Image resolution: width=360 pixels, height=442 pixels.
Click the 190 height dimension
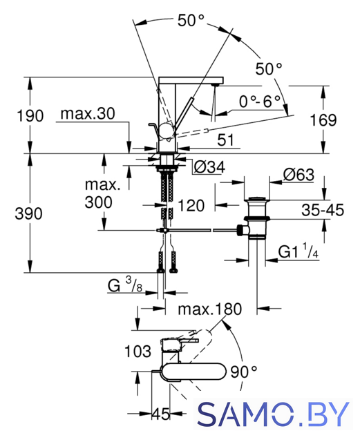click(30, 116)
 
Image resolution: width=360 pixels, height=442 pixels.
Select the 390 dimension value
click(28, 213)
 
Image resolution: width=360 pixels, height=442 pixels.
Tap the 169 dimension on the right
click(323, 120)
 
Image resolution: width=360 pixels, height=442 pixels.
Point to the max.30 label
click(88, 113)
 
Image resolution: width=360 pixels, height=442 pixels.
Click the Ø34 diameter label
click(209, 167)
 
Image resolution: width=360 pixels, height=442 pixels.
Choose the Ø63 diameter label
click(299, 175)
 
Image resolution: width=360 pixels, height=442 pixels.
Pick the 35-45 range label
click(323, 210)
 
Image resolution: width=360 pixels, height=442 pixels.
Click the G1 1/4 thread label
click(299, 251)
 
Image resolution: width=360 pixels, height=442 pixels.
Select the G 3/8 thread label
click(124, 285)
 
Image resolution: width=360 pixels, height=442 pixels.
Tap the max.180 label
click(210, 309)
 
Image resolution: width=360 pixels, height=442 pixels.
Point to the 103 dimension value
click(138, 352)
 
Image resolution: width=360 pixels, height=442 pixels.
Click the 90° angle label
click(244, 372)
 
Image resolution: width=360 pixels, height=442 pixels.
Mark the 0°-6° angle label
click(260, 102)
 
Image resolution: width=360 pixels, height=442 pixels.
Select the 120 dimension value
click(191, 205)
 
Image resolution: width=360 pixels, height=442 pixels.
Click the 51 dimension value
click(226, 140)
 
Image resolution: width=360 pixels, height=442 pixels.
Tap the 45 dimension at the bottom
click(161, 414)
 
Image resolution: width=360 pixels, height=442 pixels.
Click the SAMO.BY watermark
click(273, 414)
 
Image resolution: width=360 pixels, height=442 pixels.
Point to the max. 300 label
click(103, 193)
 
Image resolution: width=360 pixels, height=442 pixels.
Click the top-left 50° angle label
click(191, 20)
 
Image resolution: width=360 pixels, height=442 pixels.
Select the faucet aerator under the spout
click(216, 84)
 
